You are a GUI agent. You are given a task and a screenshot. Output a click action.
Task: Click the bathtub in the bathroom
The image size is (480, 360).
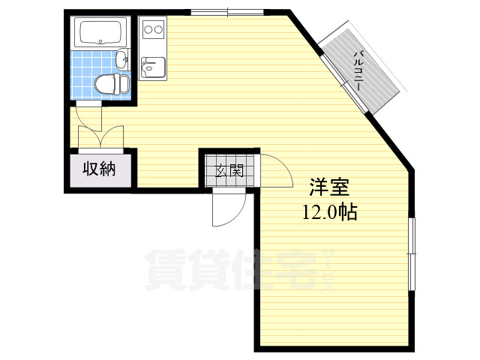tap(100, 33)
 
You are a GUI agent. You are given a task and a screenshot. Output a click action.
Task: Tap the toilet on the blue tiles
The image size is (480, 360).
tap(112, 83)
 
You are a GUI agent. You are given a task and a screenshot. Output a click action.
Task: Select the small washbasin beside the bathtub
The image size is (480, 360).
tap(122, 58)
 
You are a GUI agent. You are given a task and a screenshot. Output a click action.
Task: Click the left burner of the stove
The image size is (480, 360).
tap(148, 30)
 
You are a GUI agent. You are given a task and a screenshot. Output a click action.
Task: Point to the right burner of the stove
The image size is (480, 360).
tap(158, 30)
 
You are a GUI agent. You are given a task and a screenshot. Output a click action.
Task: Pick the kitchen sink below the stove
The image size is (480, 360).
tap(153, 67)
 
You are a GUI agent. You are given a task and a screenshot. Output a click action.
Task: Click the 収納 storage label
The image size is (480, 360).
tap(99, 169)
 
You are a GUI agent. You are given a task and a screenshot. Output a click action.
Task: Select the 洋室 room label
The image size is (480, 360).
tap(329, 187)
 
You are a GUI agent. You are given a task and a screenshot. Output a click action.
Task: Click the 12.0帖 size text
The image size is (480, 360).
tap(330, 211)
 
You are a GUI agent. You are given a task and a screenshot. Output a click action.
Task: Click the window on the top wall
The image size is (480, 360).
tap(227, 13)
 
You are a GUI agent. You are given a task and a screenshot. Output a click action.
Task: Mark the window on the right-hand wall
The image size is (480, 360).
tap(412, 254)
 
